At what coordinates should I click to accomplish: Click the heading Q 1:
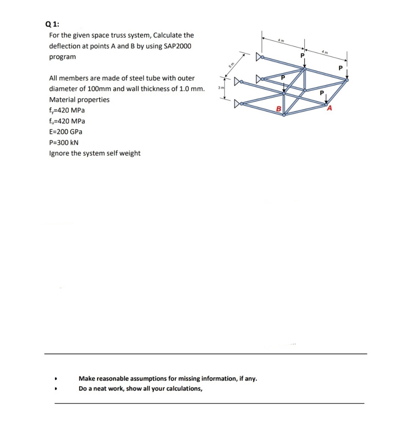coord(52,24)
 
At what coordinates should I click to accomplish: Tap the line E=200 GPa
coord(66,132)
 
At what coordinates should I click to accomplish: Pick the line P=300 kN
coord(64,142)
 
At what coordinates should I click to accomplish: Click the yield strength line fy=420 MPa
coord(67,110)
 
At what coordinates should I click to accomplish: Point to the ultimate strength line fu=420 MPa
coord(67,121)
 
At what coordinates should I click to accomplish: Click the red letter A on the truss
coord(329,108)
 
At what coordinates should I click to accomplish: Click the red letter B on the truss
coord(279,109)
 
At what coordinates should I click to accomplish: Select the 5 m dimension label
coord(232,65)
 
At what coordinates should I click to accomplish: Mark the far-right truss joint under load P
coord(346,79)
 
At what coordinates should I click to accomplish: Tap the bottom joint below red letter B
coord(284,115)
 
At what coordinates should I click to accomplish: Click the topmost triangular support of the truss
coord(260,57)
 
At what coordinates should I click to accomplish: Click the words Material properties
coord(79,99)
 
